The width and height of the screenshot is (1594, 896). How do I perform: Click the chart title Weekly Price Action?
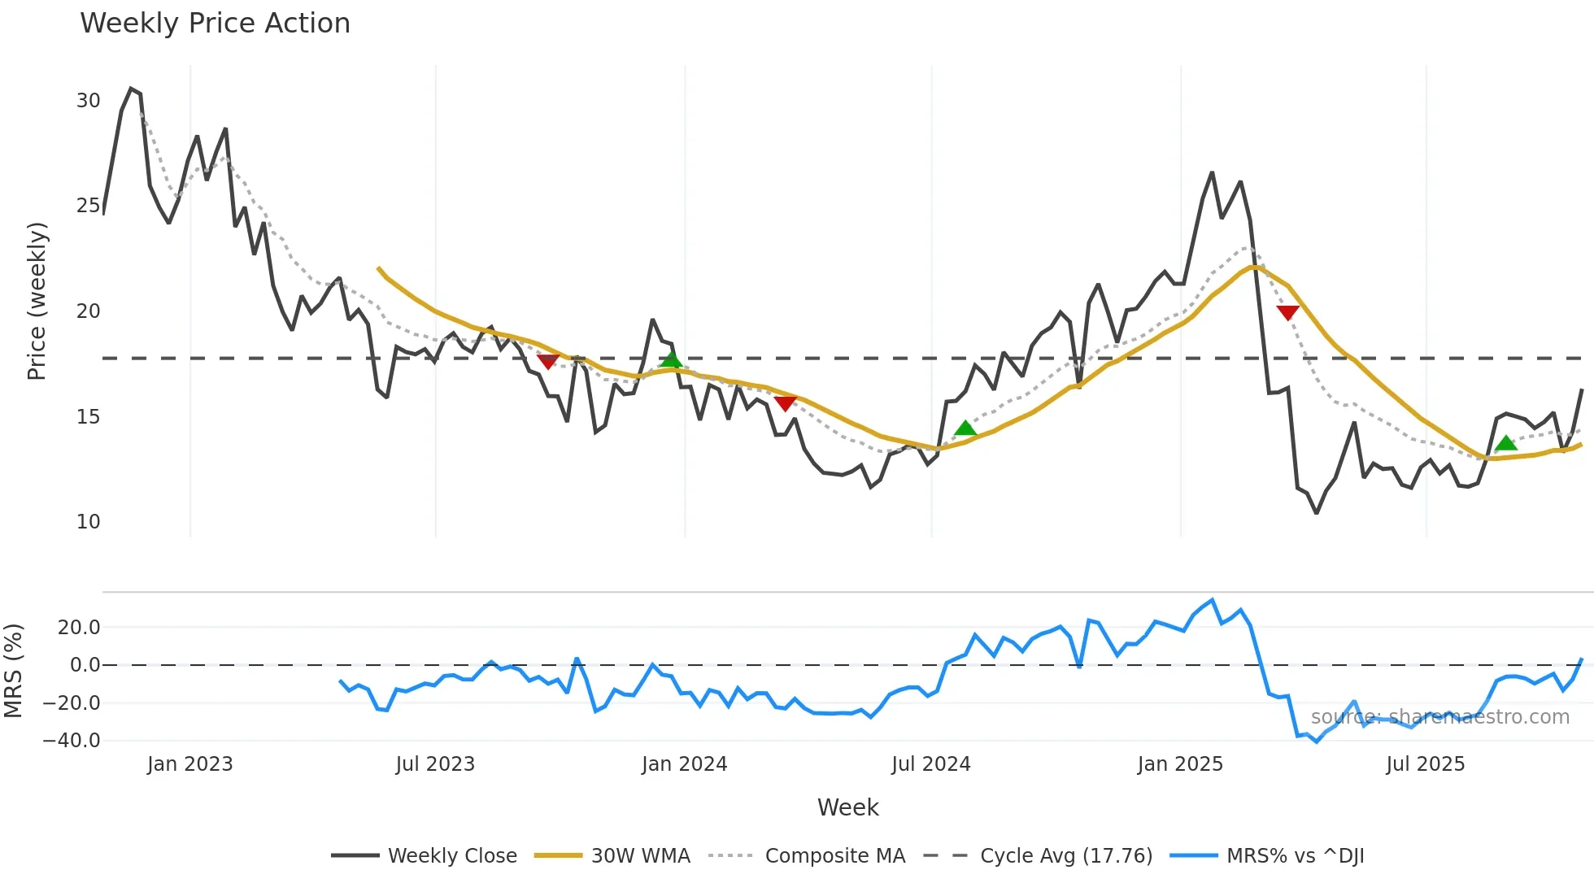[x=215, y=24]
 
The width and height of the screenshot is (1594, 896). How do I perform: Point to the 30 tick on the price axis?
[x=88, y=101]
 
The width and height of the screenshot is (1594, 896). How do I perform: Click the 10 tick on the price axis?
[x=88, y=522]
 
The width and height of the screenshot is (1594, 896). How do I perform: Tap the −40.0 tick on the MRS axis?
[x=72, y=741]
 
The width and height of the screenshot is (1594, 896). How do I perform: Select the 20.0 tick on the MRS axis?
[x=79, y=628]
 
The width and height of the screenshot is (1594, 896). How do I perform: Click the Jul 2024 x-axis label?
[x=931, y=764]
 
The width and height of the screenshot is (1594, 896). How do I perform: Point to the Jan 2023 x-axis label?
[x=190, y=764]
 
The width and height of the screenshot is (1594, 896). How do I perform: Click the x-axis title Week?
[x=847, y=807]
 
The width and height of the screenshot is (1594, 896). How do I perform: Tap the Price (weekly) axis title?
[x=37, y=301]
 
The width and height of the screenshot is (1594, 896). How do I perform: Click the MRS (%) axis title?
[x=13, y=671]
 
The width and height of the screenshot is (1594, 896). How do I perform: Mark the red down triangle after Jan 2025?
[x=1287, y=313]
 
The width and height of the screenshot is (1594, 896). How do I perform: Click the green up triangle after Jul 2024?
[x=965, y=428]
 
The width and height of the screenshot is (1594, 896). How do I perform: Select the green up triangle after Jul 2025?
[x=1506, y=443]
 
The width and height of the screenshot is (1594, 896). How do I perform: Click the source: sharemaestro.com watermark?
[x=1439, y=717]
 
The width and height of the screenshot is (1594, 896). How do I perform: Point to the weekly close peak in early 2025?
[x=1212, y=173]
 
